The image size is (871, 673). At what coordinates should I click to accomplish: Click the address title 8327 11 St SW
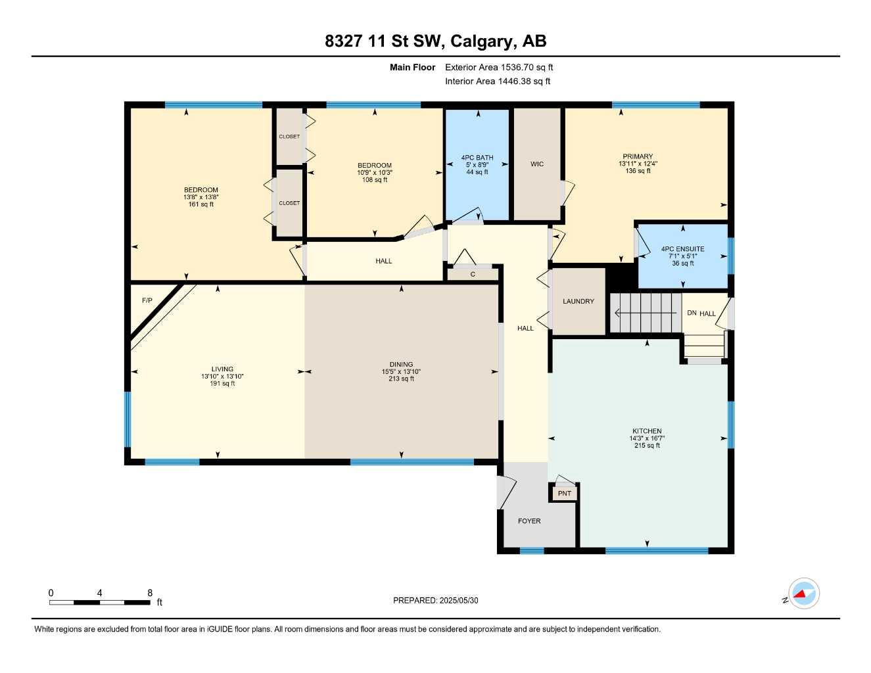coord(435,41)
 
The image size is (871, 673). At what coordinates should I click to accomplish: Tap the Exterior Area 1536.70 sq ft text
coord(499,67)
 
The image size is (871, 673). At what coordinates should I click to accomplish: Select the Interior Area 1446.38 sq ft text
coord(498,81)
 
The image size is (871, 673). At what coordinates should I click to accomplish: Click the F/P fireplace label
coord(147,300)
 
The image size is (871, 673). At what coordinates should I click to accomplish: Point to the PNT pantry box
coord(564,493)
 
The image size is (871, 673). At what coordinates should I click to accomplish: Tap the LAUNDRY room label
coord(578,301)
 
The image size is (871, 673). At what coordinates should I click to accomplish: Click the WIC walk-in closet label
coord(537,164)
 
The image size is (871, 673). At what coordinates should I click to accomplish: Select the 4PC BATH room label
coord(477,158)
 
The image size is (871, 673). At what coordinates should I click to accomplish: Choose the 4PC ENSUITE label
coord(682,249)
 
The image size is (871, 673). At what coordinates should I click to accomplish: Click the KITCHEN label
coord(647,431)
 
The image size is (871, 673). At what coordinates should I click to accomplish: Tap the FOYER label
coord(529,521)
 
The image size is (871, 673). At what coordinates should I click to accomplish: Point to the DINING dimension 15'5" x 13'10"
coord(401,371)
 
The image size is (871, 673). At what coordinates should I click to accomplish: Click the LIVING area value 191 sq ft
coord(222,383)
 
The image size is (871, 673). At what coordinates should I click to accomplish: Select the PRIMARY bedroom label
coord(638,156)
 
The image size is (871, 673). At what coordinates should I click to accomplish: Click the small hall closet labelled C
coord(473,275)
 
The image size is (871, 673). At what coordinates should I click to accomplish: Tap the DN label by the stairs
coord(692,313)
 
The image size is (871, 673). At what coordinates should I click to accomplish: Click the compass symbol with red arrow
coord(803,594)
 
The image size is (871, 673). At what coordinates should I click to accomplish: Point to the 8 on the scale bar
coord(150,593)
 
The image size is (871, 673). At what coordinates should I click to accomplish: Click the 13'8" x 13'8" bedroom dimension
coord(200,197)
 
